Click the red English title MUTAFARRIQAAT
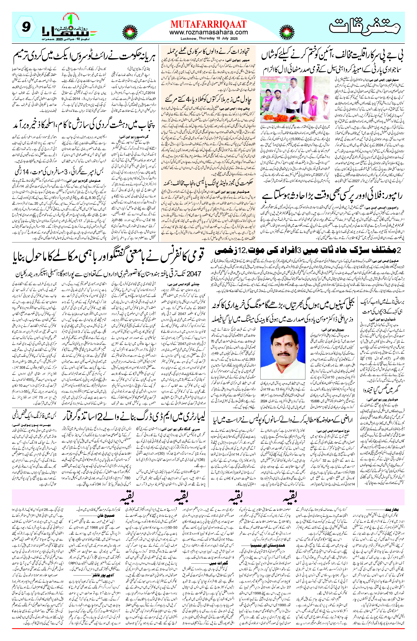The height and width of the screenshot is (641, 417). point(208,24)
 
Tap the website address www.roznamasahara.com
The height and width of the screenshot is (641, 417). point(208,32)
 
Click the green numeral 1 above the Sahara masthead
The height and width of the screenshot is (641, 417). point(70,20)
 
